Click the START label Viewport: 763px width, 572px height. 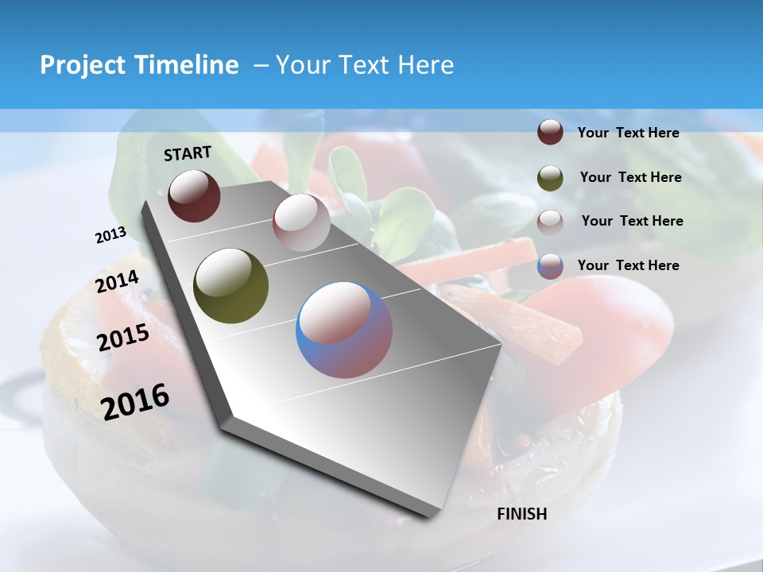[x=188, y=153]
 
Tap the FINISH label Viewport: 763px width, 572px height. [x=521, y=514]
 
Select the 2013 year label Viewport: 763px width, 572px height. [x=110, y=235]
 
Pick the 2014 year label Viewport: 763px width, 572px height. [x=118, y=281]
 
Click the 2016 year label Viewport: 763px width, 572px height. [x=135, y=402]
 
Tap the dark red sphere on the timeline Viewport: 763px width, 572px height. [x=194, y=195]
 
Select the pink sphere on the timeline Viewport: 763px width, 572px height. [x=301, y=222]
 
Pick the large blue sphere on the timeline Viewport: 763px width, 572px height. [x=344, y=330]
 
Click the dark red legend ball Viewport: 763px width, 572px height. [x=550, y=133]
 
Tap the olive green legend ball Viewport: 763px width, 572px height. [x=550, y=178]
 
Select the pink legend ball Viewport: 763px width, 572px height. [x=550, y=222]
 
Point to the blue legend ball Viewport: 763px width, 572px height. [x=550, y=266]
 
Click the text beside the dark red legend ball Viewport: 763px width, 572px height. [x=628, y=133]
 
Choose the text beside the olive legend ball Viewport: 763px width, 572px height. [x=630, y=177]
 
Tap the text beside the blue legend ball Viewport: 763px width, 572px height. [x=628, y=265]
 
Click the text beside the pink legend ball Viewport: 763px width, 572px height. [x=632, y=221]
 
